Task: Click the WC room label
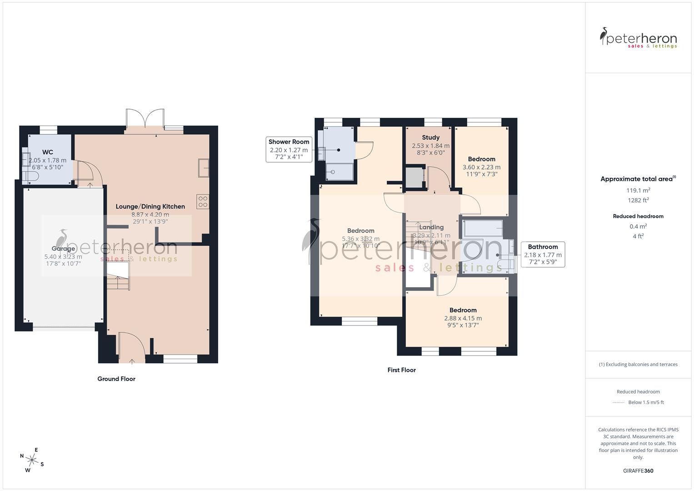point(48,152)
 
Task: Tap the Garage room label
point(63,249)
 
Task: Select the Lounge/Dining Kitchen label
point(150,206)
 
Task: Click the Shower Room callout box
point(289,150)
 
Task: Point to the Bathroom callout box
point(543,254)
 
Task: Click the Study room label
point(430,137)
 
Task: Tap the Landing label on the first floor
point(431,227)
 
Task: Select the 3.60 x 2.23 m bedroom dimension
point(481,167)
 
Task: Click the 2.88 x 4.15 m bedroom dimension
point(463,318)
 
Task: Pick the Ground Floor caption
point(116,379)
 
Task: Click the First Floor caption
point(401,370)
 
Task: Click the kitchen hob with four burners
point(203,202)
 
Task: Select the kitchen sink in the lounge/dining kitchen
point(203,168)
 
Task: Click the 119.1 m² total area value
point(638,190)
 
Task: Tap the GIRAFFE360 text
point(638,471)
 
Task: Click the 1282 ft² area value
point(638,200)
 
